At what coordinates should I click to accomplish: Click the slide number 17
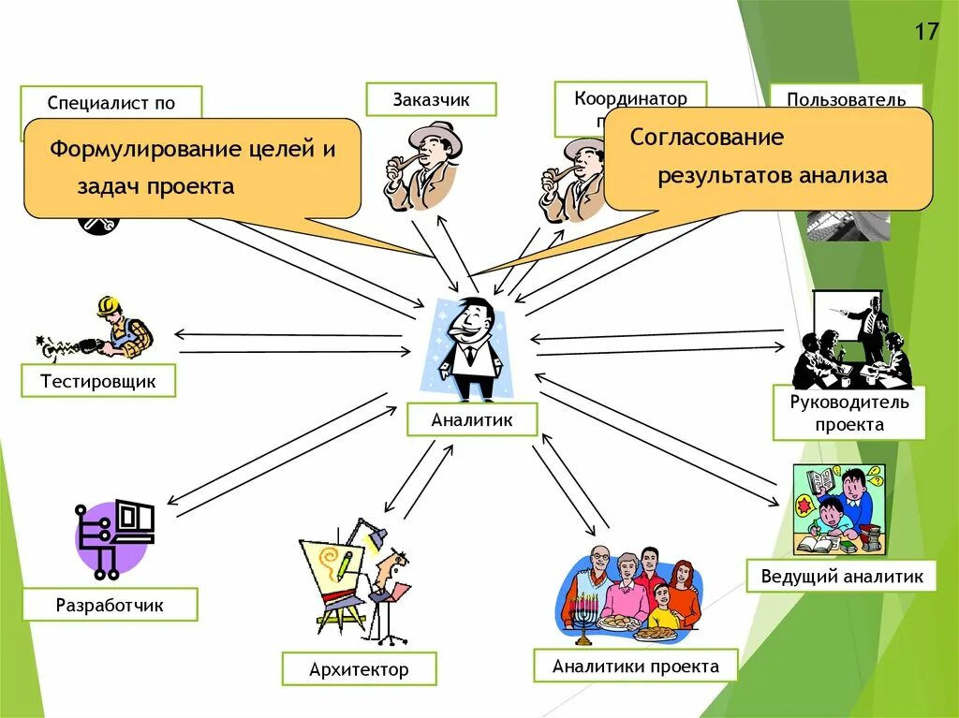(x=926, y=32)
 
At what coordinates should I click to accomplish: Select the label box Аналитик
(x=472, y=419)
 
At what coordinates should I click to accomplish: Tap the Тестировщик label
(x=97, y=381)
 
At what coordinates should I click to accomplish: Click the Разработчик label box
(x=110, y=605)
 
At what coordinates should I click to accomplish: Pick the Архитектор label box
(x=359, y=669)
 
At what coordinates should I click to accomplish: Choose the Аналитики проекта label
(x=635, y=666)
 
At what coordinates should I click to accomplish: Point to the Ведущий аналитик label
(x=842, y=576)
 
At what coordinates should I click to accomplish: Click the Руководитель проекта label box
(x=848, y=413)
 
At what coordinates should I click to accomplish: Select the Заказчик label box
(x=431, y=99)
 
